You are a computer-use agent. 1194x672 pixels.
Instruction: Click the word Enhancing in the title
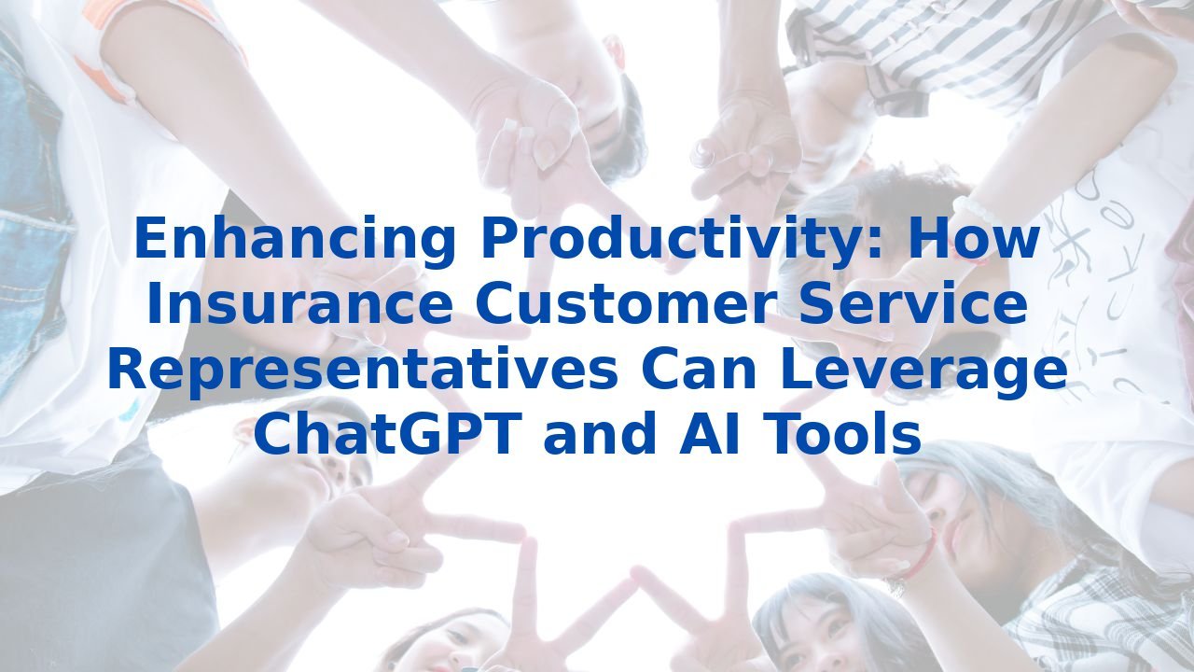coord(294,239)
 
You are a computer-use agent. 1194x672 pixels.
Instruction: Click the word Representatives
coord(361,370)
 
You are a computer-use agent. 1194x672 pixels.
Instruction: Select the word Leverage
coord(923,370)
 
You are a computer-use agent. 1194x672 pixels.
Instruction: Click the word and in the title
coord(598,435)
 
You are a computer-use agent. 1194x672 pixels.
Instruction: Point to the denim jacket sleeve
coord(28,233)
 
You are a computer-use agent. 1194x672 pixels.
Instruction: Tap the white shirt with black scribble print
coord(1101,280)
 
